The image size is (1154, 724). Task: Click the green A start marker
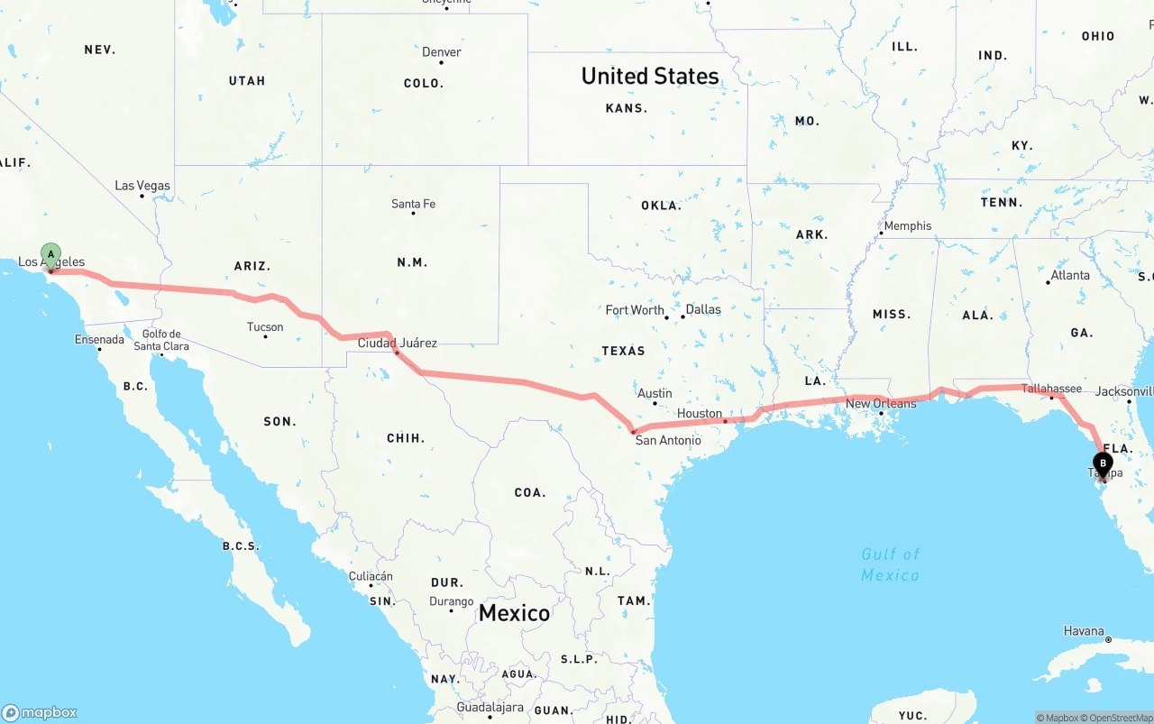tap(51, 254)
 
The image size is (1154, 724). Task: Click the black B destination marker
tap(1103, 463)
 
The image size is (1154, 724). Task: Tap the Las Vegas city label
tap(142, 186)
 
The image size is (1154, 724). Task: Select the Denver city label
tap(442, 52)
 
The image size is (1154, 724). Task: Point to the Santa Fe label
tap(413, 204)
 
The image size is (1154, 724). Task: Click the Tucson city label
tap(265, 327)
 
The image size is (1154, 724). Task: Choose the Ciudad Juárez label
tap(398, 343)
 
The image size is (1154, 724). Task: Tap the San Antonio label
tap(668, 440)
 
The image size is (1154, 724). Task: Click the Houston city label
tap(700, 413)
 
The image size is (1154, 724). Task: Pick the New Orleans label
tap(881, 403)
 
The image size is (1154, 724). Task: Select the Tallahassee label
tap(1051, 389)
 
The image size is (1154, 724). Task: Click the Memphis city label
tap(908, 225)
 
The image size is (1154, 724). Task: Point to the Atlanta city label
tap(1070, 275)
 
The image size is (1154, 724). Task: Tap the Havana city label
tap(1084, 631)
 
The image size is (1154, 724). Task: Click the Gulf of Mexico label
tap(890, 564)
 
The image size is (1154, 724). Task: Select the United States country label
tap(650, 76)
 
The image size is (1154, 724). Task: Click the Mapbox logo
tap(40, 712)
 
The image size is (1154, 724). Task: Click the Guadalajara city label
tap(490, 708)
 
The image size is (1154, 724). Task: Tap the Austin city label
tap(655, 393)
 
